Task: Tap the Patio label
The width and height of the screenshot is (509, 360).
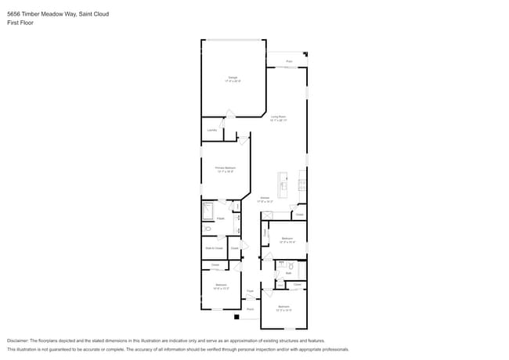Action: [289, 61]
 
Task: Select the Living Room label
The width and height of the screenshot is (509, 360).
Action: [279, 118]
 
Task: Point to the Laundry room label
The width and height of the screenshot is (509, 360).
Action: [211, 130]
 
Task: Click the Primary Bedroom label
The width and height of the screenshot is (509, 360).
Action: [226, 168]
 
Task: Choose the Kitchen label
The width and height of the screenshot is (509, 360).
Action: [265, 199]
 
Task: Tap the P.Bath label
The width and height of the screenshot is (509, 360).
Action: [221, 218]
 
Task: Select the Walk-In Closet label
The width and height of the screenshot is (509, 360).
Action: [214, 248]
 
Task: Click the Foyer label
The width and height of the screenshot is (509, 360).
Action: [250, 291]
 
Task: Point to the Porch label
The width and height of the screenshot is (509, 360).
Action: [250, 309]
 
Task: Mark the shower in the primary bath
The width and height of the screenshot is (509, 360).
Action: [208, 211]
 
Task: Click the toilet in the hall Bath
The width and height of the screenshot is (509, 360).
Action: [291, 267]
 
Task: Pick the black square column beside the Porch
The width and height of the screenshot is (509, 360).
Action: [236, 317]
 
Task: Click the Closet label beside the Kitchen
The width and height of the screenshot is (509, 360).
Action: [300, 214]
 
